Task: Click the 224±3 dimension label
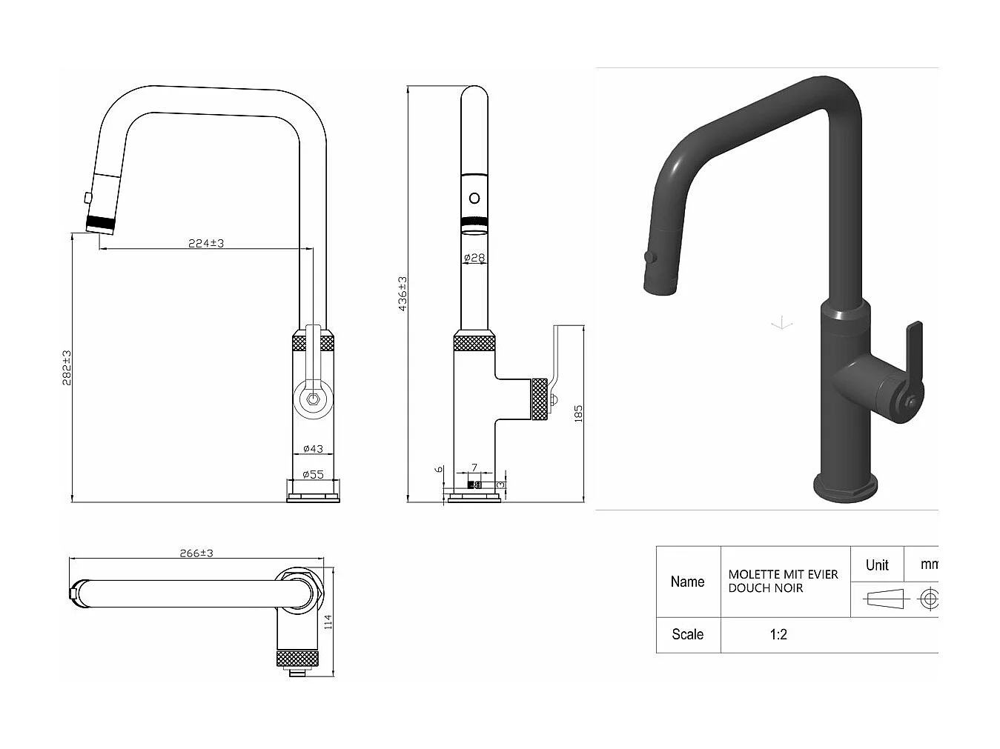[205, 242]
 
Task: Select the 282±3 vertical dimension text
[66, 367]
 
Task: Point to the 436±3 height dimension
[403, 293]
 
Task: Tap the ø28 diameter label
[474, 258]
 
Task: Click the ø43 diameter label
[314, 448]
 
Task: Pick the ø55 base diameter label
[314, 474]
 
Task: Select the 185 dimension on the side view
[578, 413]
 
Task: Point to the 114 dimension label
[328, 621]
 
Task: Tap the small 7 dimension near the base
[474, 467]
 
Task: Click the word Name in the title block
[687, 582]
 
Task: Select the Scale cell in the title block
[687, 634]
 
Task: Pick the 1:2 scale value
[778, 634]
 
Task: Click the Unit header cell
[877, 565]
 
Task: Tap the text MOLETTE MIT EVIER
[783, 574]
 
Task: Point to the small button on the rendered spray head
[649, 256]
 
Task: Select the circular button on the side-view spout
[474, 198]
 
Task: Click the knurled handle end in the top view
[298, 658]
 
